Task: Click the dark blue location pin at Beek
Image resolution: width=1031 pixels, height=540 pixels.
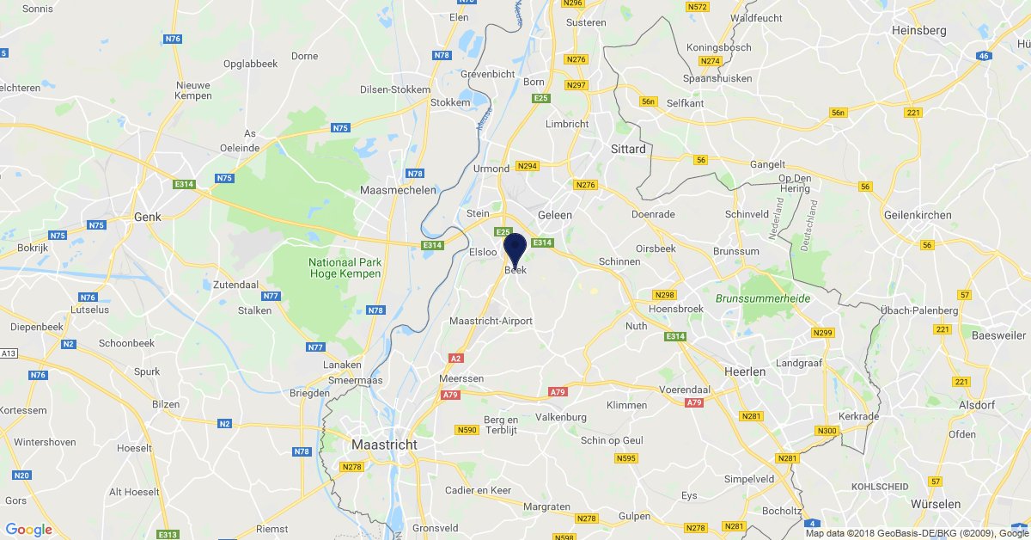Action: point(515,249)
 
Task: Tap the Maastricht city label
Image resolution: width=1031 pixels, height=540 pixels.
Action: point(384,445)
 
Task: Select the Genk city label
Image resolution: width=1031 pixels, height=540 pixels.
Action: point(149,218)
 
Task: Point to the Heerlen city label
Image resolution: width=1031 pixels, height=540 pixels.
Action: point(743,371)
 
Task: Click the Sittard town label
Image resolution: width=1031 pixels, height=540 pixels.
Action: point(627,149)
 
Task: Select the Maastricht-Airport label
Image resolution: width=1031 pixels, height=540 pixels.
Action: point(491,322)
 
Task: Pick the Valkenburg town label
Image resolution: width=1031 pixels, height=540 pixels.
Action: point(560,417)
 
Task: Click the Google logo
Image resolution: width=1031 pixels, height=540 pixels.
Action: point(28,530)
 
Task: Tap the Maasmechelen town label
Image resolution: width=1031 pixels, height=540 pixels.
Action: point(399,190)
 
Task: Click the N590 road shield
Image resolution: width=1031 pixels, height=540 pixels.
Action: point(467,430)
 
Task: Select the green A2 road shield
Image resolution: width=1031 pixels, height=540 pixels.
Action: point(456,358)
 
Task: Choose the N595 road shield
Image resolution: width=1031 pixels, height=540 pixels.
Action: point(625,458)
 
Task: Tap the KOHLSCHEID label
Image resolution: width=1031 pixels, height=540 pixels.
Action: point(880,487)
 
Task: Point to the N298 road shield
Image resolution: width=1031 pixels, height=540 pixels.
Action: point(664,294)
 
